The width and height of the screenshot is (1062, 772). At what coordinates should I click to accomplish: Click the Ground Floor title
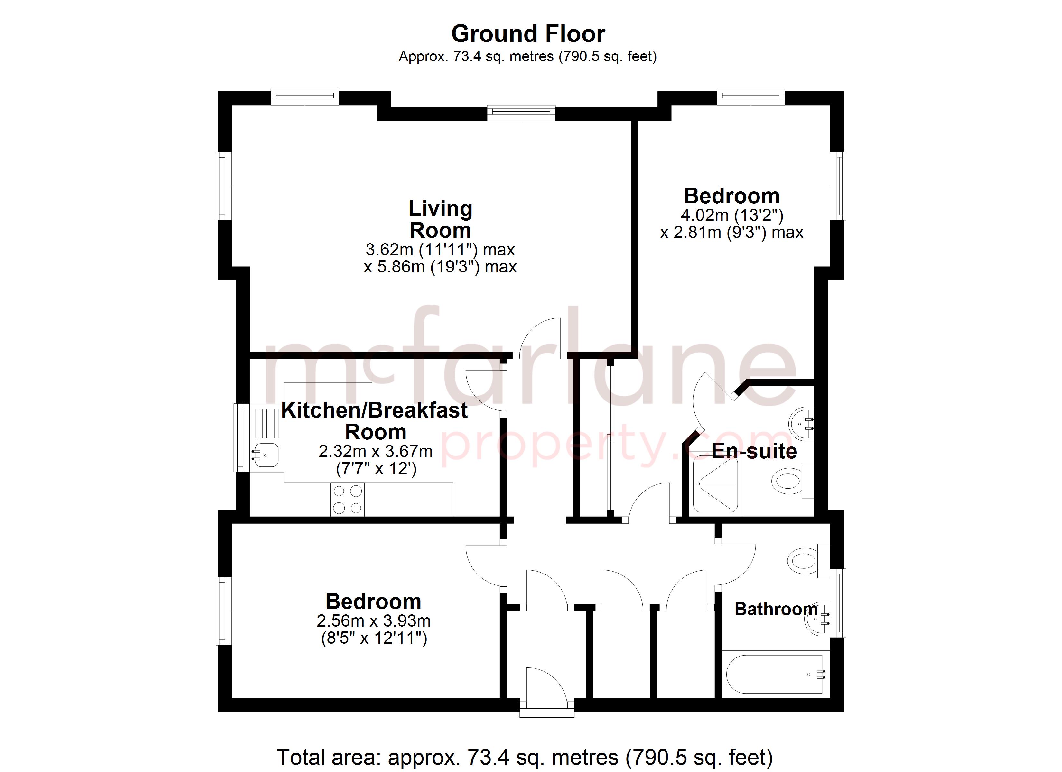[528, 34]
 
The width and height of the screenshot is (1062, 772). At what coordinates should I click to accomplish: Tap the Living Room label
[440, 219]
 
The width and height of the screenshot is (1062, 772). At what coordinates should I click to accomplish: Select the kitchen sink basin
[265, 455]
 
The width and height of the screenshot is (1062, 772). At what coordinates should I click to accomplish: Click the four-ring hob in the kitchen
[347, 499]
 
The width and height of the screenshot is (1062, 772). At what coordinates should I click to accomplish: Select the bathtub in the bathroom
[775, 674]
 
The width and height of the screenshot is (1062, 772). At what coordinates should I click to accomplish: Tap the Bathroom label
[776, 609]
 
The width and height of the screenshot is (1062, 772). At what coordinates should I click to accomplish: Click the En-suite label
[754, 451]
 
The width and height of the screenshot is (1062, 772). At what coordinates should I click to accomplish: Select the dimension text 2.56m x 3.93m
[373, 621]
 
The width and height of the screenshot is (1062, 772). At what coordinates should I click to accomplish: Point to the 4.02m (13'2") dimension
[731, 215]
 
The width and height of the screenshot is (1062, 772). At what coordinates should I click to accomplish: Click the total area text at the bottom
[525, 757]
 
